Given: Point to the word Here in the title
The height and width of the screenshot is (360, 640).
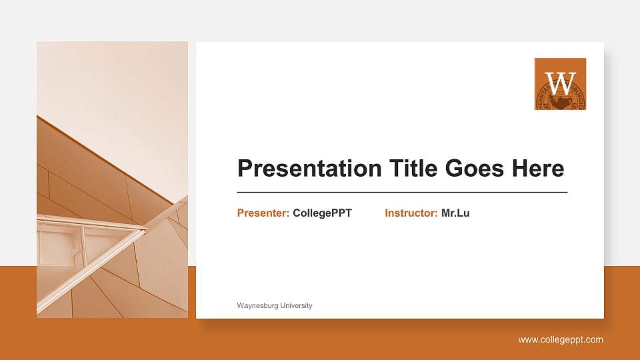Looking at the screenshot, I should click(538, 169).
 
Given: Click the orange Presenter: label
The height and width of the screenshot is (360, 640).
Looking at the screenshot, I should click(263, 213).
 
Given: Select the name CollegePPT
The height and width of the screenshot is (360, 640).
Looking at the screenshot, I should click(322, 213).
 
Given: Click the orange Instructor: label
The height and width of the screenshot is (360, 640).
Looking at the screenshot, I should click(411, 213).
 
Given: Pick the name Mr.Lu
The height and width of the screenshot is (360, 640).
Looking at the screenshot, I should click(455, 213).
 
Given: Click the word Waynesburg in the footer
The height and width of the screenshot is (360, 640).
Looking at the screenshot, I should click(257, 305).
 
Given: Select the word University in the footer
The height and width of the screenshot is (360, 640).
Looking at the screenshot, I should click(295, 305).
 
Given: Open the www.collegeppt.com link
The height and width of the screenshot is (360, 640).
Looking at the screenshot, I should click(561, 340).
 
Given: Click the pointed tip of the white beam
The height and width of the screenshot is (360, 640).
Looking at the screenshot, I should click(145, 230).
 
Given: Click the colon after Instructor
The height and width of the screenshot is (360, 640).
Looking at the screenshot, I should click(436, 214).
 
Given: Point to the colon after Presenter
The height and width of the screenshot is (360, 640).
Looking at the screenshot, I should click(287, 214).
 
